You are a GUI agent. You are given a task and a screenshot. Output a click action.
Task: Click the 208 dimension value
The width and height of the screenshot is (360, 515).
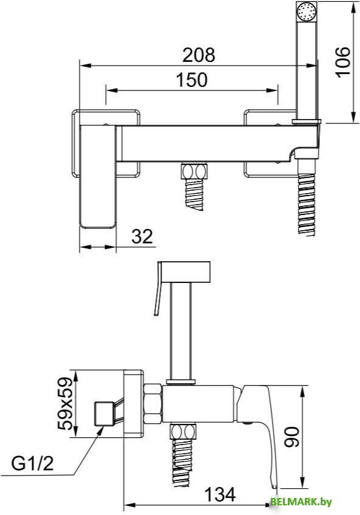pyautogui.click(x=199, y=55)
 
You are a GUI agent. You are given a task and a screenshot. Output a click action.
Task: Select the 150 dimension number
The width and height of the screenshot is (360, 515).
pyautogui.click(x=192, y=80)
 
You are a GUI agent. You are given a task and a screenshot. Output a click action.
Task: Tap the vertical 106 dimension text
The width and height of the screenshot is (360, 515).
pyautogui.click(x=343, y=62)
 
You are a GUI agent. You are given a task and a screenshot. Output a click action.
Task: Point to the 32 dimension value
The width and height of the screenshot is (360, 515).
pyautogui.click(x=142, y=236)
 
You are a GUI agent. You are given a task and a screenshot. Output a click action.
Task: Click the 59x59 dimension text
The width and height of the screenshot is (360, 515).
pyautogui.click(x=65, y=404)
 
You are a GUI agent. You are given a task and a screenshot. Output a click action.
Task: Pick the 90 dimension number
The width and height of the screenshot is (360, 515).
pyautogui.click(x=291, y=437)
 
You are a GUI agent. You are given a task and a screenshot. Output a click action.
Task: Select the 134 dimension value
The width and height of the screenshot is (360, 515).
pyautogui.click(x=219, y=494)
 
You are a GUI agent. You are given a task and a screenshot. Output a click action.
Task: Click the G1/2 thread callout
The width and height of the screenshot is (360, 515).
pyautogui.click(x=32, y=464)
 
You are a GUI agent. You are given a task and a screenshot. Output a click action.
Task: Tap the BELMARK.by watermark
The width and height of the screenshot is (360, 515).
pyautogui.click(x=301, y=502)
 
